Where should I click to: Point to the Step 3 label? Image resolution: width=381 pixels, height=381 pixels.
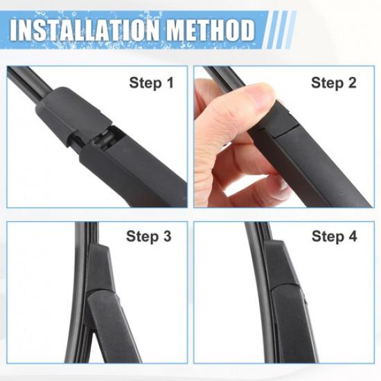[x=148, y=237]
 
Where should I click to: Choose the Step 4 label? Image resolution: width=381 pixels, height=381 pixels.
[x=334, y=237]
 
